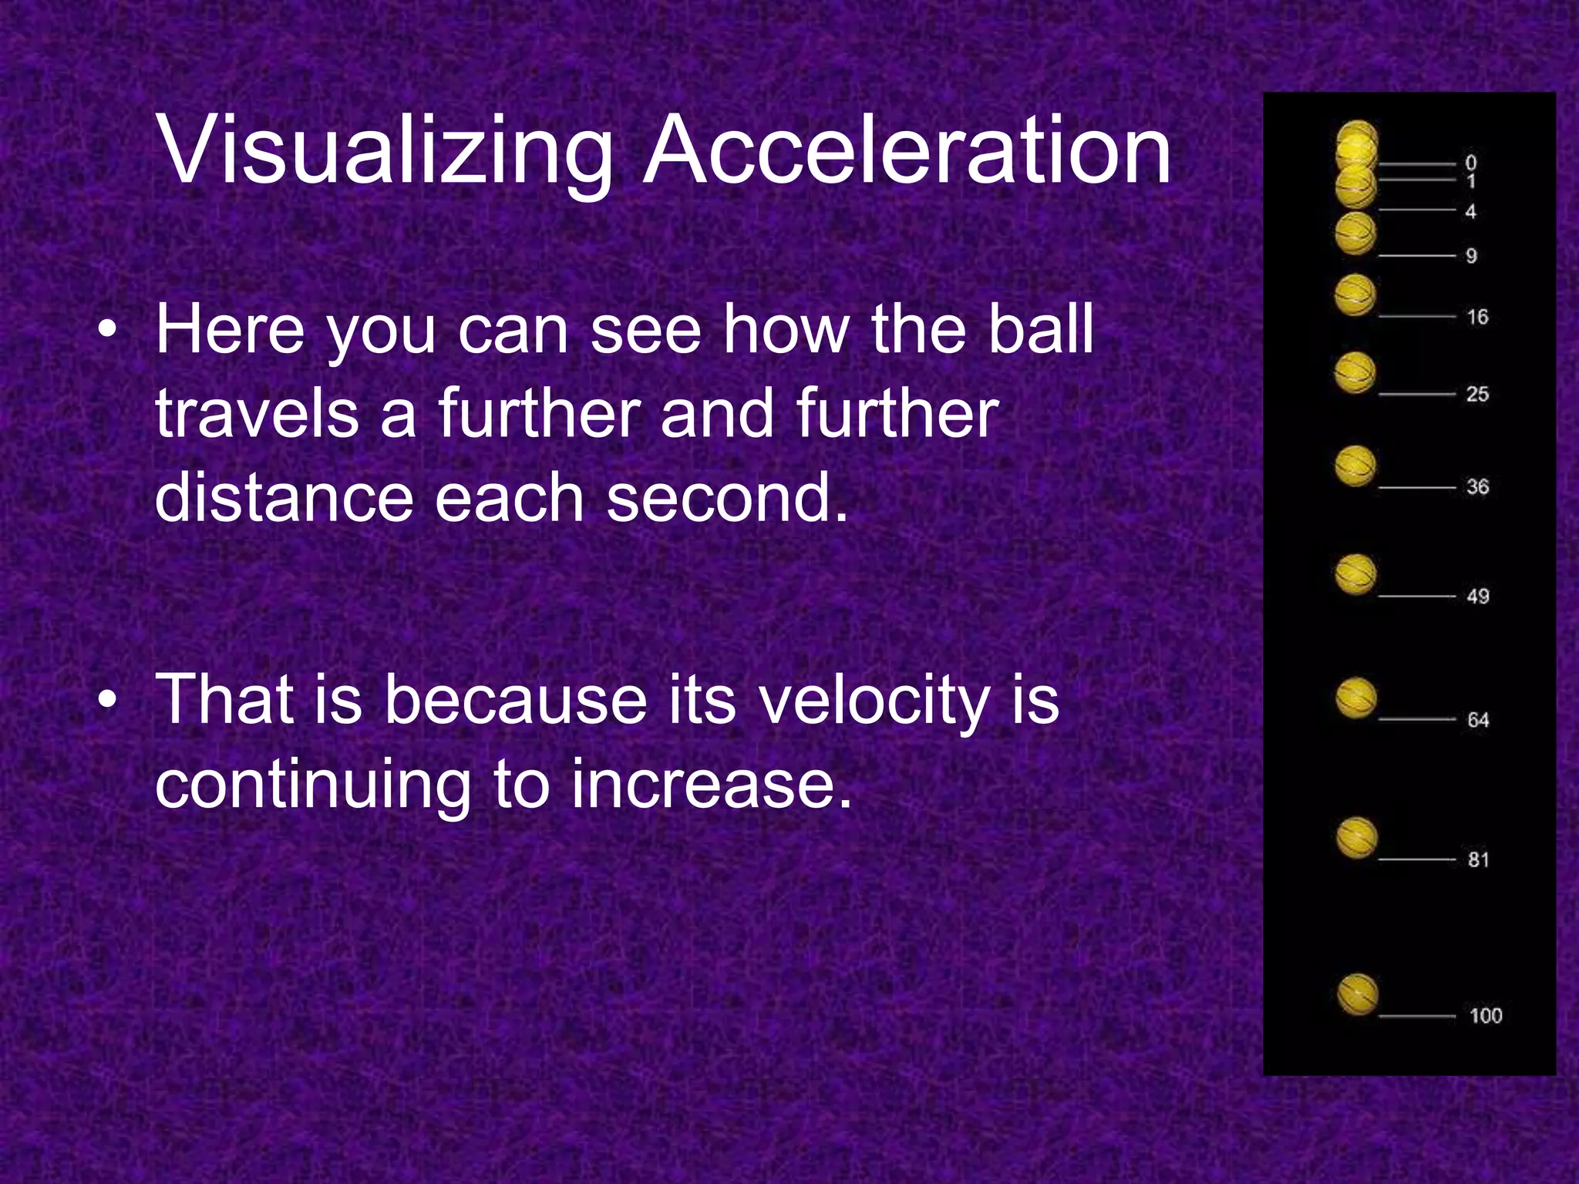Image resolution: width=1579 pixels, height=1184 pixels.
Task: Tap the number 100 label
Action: tap(1485, 1015)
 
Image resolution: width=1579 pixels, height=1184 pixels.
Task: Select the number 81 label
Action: tap(1478, 859)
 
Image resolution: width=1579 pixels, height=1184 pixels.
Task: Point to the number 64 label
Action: tap(1478, 719)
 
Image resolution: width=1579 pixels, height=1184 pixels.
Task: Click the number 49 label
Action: tap(1478, 596)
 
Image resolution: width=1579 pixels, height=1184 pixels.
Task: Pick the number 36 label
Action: tap(1477, 486)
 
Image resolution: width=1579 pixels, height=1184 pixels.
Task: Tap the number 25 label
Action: tap(1477, 394)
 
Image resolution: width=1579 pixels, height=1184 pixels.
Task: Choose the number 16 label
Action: tap(1477, 316)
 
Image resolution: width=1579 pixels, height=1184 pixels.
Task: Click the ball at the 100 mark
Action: tap(1356, 994)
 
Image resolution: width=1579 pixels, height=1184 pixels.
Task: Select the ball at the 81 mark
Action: tap(1356, 838)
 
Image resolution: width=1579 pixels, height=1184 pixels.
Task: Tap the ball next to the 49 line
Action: tap(1355, 575)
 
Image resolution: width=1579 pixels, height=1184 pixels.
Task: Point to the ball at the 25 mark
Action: tap(1355, 372)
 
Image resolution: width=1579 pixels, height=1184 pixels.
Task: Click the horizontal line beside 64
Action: tap(1416, 719)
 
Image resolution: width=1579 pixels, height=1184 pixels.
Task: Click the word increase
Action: tap(712, 784)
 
